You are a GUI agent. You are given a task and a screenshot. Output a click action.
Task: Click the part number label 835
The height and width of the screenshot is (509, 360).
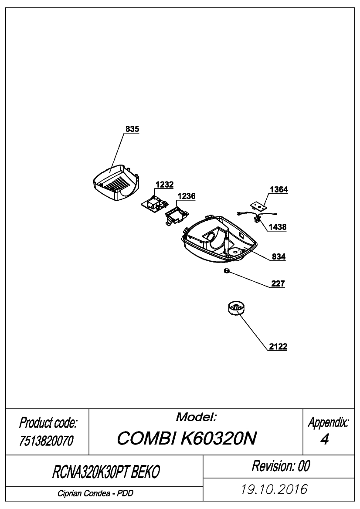coord(132,129)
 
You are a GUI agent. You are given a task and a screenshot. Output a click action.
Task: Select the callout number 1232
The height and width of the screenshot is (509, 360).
coord(164,184)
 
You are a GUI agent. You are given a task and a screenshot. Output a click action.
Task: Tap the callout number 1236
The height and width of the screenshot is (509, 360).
coord(187,196)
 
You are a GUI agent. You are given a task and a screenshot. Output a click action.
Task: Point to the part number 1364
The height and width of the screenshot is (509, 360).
coord(279,189)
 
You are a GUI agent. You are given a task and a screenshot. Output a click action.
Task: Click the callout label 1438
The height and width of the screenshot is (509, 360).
coord(278,227)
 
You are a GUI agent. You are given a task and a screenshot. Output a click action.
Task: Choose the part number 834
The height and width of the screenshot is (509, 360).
coord(279,257)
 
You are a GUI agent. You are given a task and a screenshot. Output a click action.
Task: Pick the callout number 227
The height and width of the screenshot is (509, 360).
coord(278,284)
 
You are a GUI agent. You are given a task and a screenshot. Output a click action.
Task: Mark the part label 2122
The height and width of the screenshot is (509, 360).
coord(278,347)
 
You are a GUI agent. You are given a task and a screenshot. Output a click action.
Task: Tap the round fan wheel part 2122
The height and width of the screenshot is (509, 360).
coord(235,308)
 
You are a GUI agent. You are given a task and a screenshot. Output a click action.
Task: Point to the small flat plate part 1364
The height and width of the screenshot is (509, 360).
coord(258,206)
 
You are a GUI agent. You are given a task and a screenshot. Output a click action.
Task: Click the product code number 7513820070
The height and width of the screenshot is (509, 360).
coord(47,441)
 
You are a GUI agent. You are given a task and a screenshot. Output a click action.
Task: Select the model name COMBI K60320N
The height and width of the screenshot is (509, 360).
coord(187,438)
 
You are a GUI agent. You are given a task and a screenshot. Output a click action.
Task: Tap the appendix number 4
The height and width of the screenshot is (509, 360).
coord(324,439)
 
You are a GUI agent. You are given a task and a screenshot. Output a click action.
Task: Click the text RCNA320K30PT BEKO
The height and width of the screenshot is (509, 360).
coord(106,472)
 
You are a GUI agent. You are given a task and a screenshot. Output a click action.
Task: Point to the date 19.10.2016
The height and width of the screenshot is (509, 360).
coord(274,489)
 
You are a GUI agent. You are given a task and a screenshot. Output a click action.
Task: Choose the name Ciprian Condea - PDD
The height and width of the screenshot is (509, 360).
coord(95,493)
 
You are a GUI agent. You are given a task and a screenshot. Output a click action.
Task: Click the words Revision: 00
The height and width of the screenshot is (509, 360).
coord(281,466)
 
